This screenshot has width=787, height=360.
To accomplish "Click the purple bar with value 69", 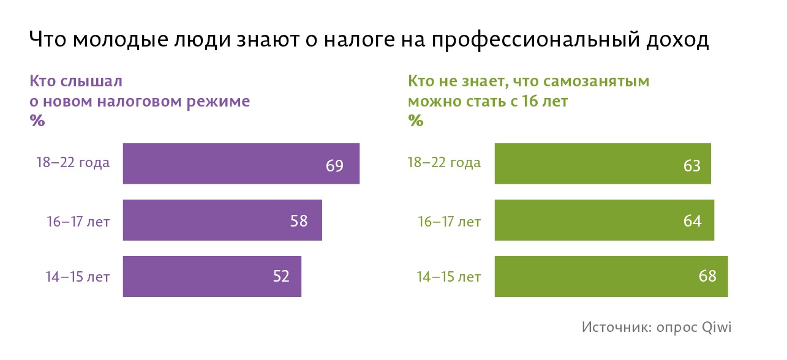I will click(241, 163).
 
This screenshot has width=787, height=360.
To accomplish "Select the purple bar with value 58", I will click(222, 220).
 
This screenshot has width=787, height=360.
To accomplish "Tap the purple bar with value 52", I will click(212, 276).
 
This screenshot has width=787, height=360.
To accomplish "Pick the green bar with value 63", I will click(602, 163).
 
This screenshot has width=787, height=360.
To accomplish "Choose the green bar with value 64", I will click(604, 220).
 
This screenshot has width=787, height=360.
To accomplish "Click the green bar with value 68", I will click(611, 276).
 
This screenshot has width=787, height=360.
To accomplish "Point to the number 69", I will click(334, 165).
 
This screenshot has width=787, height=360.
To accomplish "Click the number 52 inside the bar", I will click(281, 277).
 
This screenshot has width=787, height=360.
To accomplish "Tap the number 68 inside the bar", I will click(707, 277).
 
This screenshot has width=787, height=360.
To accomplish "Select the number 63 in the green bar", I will click(692, 165).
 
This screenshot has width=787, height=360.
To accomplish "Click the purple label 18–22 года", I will click(73, 163).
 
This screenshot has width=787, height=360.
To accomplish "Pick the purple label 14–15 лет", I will click(78, 277).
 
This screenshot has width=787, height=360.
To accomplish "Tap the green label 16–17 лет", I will click(450, 221).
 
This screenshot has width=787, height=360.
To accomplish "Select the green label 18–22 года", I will click(445, 163).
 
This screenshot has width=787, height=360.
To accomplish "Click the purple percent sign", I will click(37, 121).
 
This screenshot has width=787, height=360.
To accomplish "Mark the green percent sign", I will click(416, 121).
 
